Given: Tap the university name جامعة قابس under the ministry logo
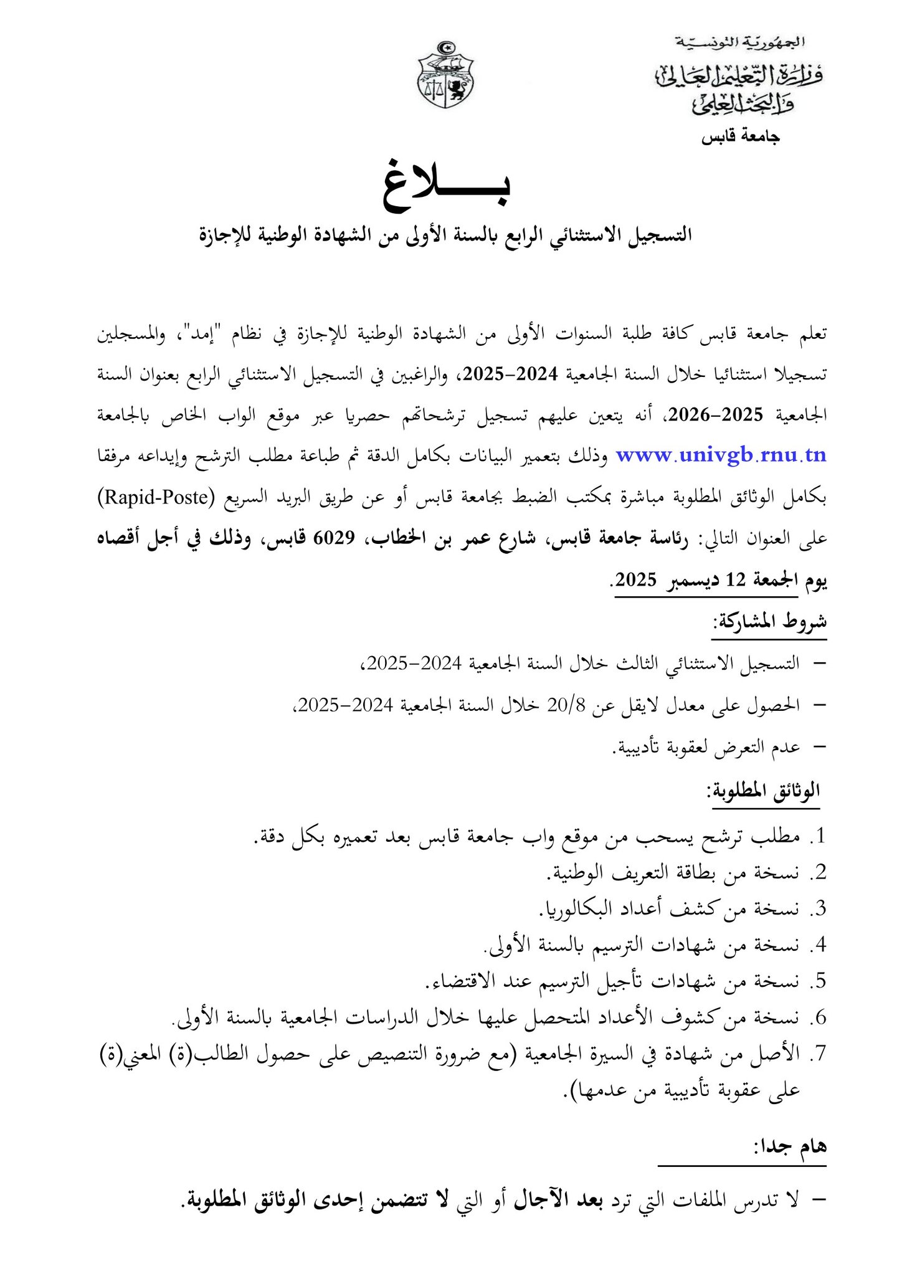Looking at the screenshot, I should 741,137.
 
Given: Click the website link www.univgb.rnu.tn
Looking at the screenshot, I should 721,455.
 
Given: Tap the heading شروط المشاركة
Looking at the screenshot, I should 770,621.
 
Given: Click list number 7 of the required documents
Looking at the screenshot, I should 818,1054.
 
